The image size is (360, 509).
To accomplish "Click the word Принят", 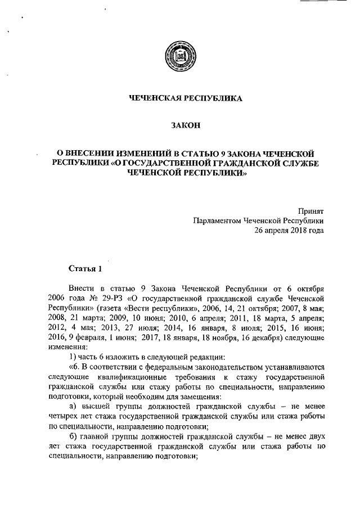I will pyautogui.click(x=312, y=211).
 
